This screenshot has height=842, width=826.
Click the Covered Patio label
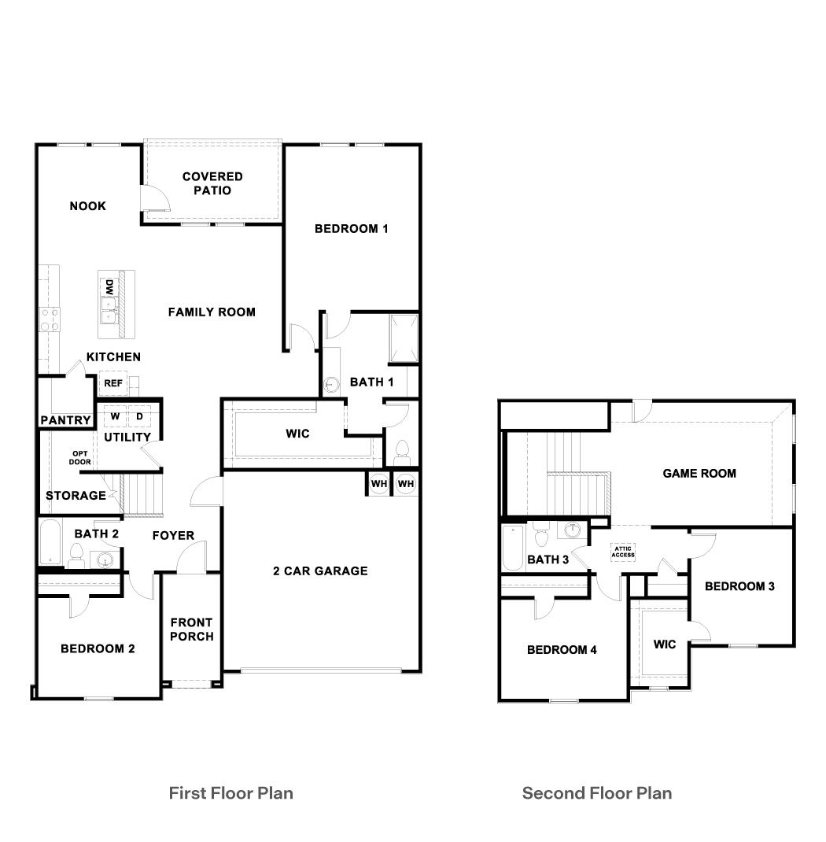coord(212,183)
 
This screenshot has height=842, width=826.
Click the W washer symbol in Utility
coord(115,415)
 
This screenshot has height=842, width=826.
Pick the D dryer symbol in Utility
coord(138,415)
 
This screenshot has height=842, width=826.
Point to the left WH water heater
coord(378,483)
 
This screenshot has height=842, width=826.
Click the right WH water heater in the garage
coord(405,483)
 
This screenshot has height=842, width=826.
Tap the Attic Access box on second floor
coord(623,552)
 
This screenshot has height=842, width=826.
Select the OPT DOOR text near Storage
coord(80,457)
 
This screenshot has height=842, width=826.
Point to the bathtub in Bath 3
coord(511,548)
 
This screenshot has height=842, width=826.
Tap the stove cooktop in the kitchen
coord(50,319)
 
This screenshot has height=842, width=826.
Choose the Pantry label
coord(65,420)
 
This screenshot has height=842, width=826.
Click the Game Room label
coord(699,473)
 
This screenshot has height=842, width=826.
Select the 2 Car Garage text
coord(320,571)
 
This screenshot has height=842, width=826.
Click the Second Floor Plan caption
coord(597,792)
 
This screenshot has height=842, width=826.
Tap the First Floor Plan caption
coord(231,792)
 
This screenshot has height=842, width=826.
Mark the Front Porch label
coord(191,629)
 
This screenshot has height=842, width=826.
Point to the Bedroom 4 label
coord(562,649)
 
